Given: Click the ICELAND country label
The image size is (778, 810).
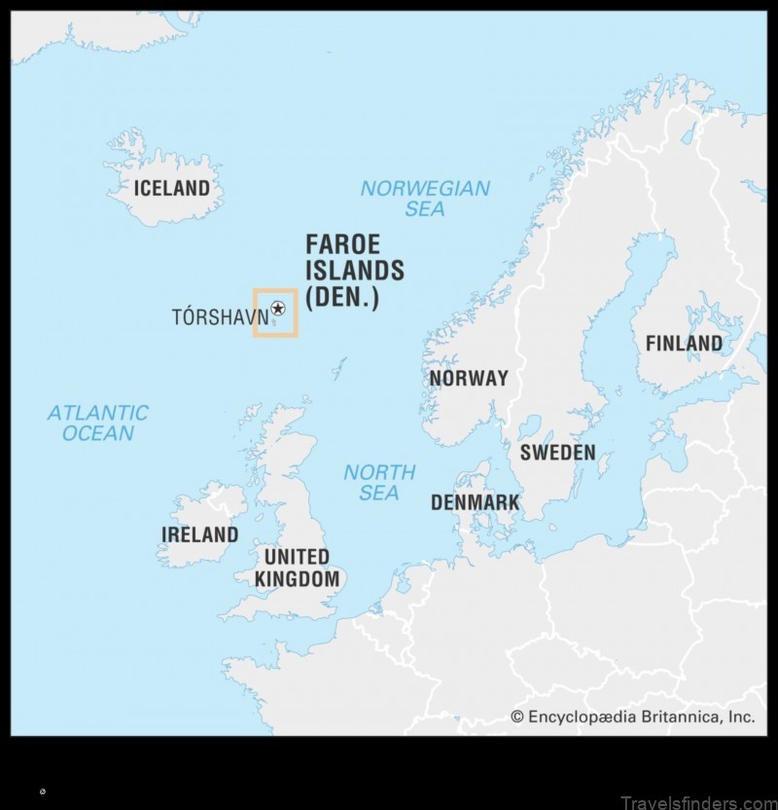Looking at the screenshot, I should click(x=171, y=189).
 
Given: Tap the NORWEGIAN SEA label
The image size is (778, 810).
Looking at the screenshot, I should click(x=425, y=199).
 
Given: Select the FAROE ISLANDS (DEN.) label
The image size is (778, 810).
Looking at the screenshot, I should click(x=354, y=271).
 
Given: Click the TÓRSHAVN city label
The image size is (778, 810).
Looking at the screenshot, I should click(x=220, y=317).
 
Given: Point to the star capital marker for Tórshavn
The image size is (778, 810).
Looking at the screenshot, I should click(x=278, y=309).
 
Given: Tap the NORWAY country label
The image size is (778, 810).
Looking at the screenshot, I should click(x=469, y=379).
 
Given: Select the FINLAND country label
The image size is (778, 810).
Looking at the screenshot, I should click(x=684, y=344).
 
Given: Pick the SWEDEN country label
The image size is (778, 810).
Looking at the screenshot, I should click(x=557, y=453).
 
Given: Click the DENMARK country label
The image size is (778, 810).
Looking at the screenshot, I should click(x=475, y=502).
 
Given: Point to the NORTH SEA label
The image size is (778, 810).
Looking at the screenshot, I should click(x=379, y=482).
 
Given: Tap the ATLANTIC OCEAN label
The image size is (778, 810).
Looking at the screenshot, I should click(x=97, y=423).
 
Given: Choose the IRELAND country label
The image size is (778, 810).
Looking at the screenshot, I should click(x=199, y=534).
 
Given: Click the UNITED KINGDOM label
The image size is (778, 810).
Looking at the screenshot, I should click(x=298, y=569).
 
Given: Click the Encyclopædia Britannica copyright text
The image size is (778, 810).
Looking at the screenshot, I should click(x=633, y=717).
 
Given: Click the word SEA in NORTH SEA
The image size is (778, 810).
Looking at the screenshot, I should click(x=379, y=493).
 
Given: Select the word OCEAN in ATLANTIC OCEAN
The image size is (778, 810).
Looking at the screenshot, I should click(x=97, y=433).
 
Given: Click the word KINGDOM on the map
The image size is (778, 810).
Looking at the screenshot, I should click(x=298, y=580).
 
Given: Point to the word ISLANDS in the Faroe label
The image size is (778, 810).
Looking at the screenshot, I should click(x=354, y=271).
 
